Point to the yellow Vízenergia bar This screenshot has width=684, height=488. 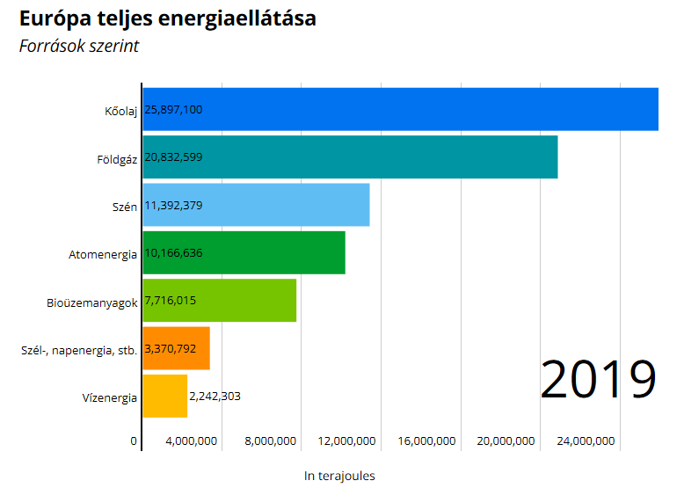click(164, 397)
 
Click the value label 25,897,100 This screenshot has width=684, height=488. click(174, 110)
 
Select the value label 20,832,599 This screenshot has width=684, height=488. click(174, 157)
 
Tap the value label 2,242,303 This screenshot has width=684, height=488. click(215, 397)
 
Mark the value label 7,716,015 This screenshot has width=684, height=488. click(171, 301)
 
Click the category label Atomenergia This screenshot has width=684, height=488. click(103, 254)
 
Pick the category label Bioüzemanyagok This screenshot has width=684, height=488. click(92, 302)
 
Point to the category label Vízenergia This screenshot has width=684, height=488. click(109, 397)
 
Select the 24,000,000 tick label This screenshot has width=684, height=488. click(581, 441)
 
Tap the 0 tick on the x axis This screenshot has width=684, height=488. click(135, 441)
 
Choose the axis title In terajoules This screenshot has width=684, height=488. click(339, 476)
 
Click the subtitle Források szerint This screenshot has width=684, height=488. click(79, 47)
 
